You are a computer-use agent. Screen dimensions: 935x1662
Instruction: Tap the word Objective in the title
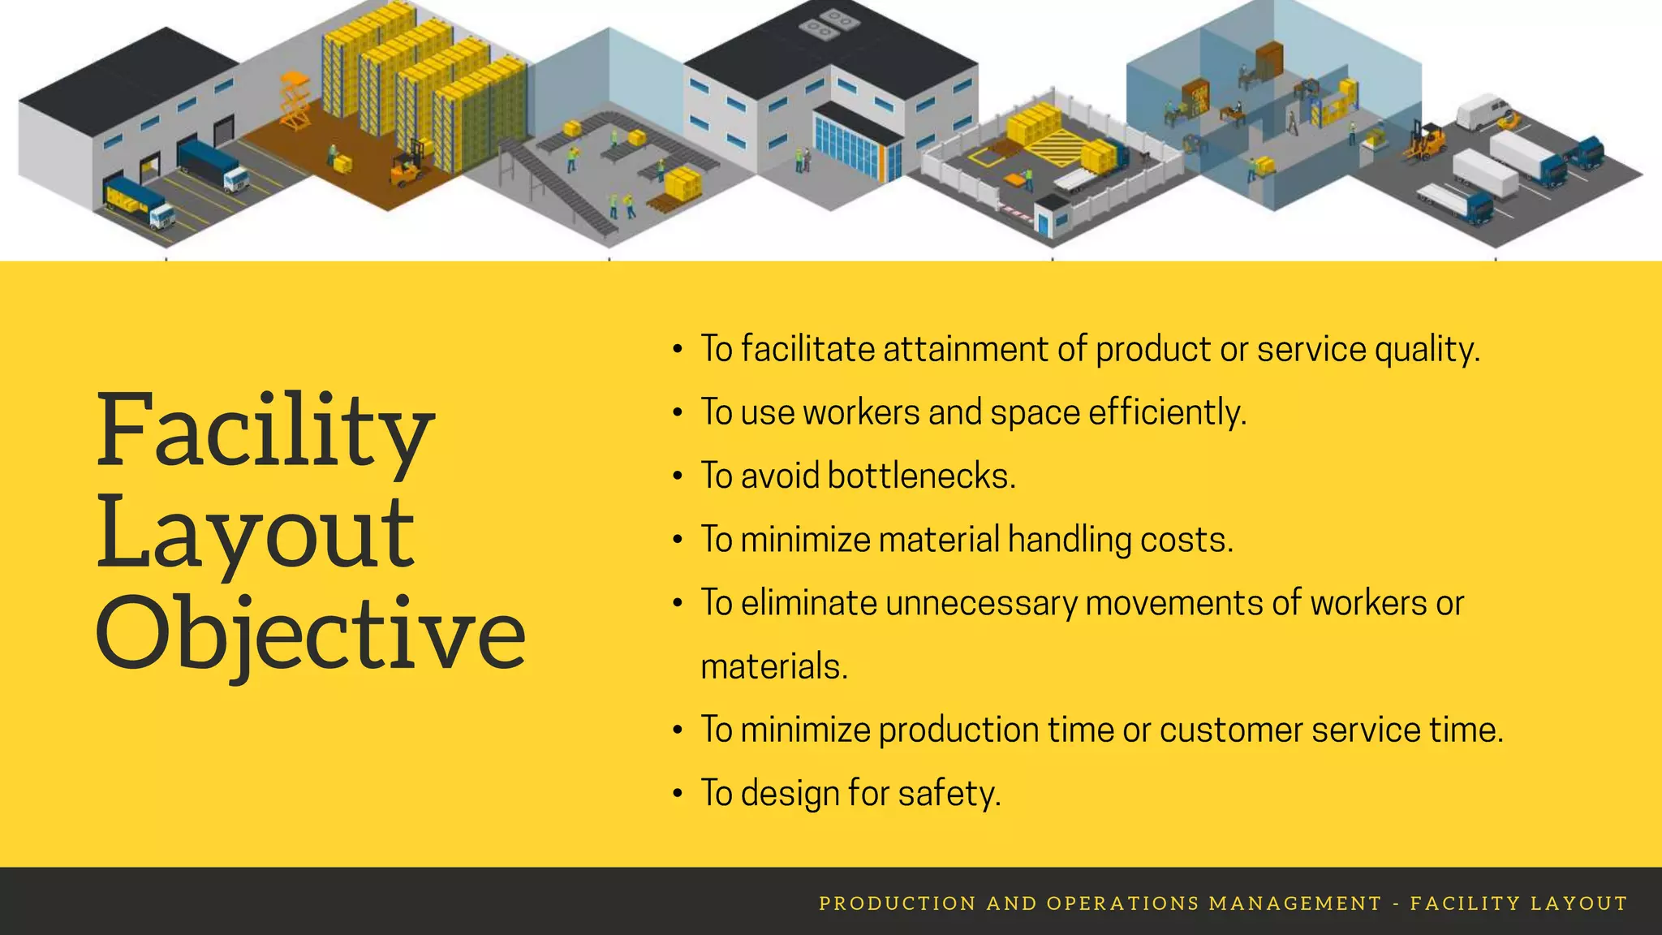[x=311, y=633]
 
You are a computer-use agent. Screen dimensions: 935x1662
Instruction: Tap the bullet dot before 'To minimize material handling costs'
[x=678, y=541]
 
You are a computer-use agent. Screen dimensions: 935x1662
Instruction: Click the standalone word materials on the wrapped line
[x=773, y=666]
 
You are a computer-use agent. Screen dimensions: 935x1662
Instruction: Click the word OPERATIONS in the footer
[x=1122, y=903]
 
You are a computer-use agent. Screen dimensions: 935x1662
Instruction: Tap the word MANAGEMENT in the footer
[x=1295, y=903]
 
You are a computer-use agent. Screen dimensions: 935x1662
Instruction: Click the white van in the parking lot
[x=1483, y=111]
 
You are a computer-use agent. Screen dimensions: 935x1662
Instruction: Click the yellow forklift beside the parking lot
[x=1427, y=142]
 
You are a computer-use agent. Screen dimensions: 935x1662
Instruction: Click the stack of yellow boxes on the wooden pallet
[x=682, y=185]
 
